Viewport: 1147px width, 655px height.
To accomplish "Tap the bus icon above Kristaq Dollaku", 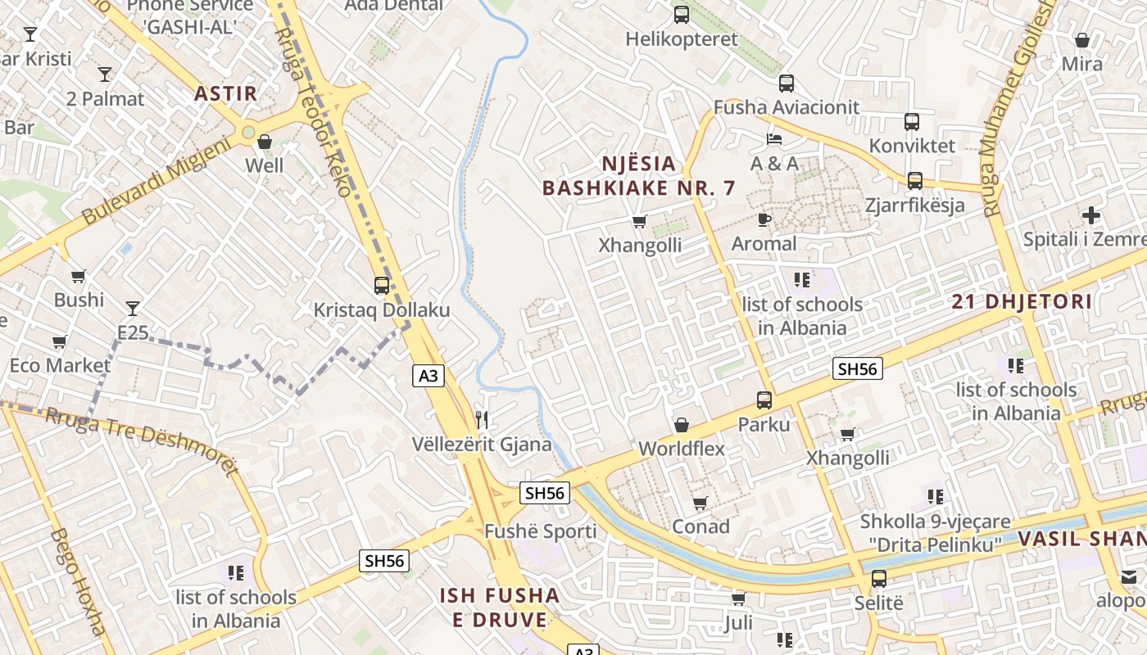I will (382, 286).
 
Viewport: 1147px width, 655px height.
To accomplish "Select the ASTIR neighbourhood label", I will (226, 93).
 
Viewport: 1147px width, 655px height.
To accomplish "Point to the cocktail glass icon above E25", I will (133, 309).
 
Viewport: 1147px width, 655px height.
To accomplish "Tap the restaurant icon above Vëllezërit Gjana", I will (482, 420).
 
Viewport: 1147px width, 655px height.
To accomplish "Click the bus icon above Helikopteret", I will (682, 15).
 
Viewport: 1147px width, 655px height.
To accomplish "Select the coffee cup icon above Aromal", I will (764, 219).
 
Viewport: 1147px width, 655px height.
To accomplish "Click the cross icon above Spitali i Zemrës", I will (1090, 215).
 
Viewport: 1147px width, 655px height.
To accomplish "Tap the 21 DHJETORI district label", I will (1022, 301).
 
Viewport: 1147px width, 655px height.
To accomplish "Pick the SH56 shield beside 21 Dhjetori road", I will (858, 369).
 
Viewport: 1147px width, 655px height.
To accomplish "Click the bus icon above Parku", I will (764, 400).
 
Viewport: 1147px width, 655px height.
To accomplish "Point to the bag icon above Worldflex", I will (682, 425).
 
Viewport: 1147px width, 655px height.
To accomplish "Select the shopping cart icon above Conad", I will (700, 503).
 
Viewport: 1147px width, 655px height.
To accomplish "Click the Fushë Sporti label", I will (541, 531).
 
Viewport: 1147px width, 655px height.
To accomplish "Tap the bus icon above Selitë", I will (879, 579).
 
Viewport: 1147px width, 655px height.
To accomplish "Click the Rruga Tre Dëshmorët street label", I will (143, 439).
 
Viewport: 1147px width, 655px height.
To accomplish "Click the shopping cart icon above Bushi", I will (79, 277).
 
